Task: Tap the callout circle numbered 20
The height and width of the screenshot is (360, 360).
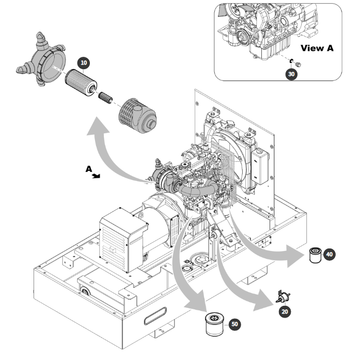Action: [285, 311]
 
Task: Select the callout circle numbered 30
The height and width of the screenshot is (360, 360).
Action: [291, 73]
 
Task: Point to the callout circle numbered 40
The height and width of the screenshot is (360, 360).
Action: [330, 254]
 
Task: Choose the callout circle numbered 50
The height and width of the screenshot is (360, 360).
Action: [234, 324]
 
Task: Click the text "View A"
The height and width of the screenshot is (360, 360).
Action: [317, 48]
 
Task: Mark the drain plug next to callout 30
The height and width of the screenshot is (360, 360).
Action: [298, 64]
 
